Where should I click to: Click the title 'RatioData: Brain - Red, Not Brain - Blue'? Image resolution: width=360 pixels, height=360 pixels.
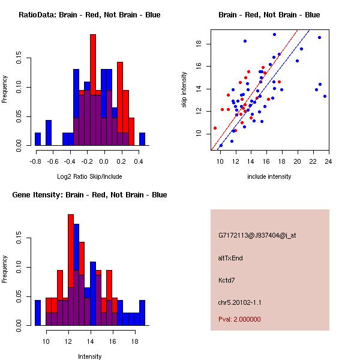click(89, 14)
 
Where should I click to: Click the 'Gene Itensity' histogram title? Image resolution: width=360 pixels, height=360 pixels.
click(89, 194)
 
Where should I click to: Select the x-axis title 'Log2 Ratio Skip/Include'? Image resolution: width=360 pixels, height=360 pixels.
click(89, 176)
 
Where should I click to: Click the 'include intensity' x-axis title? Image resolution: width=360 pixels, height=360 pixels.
click(269, 176)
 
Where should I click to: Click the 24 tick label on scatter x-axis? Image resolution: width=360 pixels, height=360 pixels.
click(328, 161)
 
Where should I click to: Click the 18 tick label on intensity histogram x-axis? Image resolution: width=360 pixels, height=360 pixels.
click(136, 341)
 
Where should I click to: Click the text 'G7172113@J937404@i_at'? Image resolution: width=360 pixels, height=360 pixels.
click(257, 235)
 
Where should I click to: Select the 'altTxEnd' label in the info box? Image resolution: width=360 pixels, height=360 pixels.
click(230, 258)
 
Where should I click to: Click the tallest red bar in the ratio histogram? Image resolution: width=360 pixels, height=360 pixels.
click(93, 90)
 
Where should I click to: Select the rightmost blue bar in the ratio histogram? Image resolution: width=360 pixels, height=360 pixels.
click(142, 139)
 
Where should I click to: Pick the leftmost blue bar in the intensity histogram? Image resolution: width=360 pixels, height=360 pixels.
click(38, 313)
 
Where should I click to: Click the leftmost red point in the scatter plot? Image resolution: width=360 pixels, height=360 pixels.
click(215, 128)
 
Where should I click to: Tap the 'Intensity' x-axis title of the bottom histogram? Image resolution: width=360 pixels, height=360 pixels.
click(89, 356)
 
